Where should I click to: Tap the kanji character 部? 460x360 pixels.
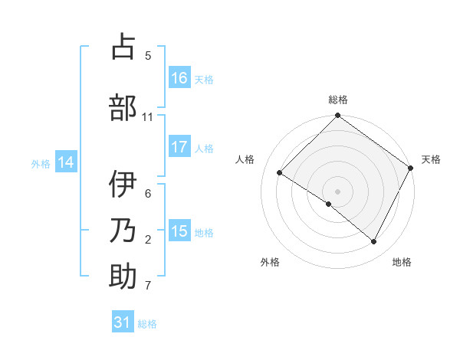pos(123,108)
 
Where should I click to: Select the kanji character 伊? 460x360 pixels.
pos(123,185)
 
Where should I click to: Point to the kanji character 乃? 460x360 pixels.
pos(123,231)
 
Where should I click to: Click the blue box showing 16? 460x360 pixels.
pos(179,78)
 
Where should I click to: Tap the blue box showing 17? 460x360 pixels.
pos(179,148)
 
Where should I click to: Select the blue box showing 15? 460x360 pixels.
pos(179,232)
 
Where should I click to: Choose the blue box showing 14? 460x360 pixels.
pos(66,163)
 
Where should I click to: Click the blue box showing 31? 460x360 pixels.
pos(123,323)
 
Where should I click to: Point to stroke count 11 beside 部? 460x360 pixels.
pos(148,117)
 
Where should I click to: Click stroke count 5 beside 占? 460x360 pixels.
pos(148,55)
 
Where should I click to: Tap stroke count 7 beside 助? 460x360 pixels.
pos(148,286)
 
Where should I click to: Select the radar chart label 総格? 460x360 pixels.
pos(337,100)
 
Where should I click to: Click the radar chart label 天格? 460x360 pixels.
pos(431,159)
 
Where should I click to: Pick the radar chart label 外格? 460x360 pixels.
pos(270,262)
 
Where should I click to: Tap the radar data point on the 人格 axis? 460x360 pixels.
pos(280,172)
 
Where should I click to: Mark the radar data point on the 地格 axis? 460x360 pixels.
pos(374,242)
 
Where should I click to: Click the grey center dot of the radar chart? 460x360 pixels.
pos(337,191)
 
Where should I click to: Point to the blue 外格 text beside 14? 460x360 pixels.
pos(41,164)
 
